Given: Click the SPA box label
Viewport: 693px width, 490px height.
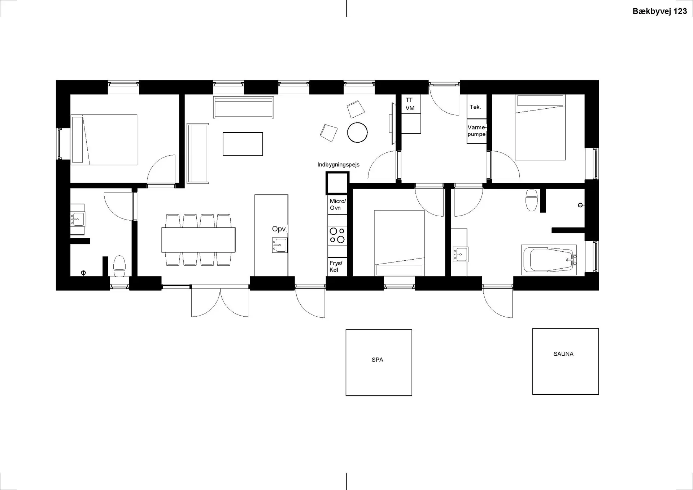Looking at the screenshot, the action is pyautogui.click(x=377, y=360).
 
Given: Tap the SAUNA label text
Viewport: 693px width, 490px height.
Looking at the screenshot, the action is pyautogui.click(x=563, y=354).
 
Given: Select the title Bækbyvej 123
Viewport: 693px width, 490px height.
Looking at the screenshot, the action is pyautogui.click(x=660, y=11).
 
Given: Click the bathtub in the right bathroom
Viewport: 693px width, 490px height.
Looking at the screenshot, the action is pyautogui.click(x=549, y=260).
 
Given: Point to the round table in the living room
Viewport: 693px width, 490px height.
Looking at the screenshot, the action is pyautogui.click(x=357, y=132).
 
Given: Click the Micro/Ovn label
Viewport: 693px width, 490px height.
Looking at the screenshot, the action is pyautogui.click(x=338, y=204).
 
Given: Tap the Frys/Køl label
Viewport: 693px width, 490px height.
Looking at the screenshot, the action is pyautogui.click(x=336, y=266).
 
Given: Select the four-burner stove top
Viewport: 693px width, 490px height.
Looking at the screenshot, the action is pyautogui.click(x=337, y=235).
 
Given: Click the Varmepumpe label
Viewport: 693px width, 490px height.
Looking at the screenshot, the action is pyautogui.click(x=477, y=131).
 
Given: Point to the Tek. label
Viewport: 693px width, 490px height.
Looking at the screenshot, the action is pyautogui.click(x=475, y=107).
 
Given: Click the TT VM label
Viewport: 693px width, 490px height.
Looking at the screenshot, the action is pyautogui.click(x=410, y=104).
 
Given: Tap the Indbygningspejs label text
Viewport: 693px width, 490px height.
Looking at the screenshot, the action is pyautogui.click(x=339, y=165).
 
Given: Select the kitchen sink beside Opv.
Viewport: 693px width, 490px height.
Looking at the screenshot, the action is pyautogui.click(x=280, y=245).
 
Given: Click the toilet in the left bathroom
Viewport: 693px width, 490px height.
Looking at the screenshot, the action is pyautogui.click(x=119, y=266).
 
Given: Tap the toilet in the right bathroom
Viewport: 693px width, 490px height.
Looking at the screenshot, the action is pyautogui.click(x=532, y=200).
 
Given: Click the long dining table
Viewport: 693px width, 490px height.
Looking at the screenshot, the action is pyautogui.click(x=199, y=240).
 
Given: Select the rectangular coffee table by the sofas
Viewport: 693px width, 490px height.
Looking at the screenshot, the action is pyautogui.click(x=243, y=144).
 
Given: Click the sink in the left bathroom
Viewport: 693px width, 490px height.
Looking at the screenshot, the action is pyautogui.click(x=78, y=219).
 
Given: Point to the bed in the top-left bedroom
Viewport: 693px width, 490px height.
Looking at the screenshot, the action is pyautogui.click(x=104, y=140).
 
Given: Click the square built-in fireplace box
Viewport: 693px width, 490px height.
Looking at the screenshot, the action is pyautogui.click(x=337, y=183).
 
